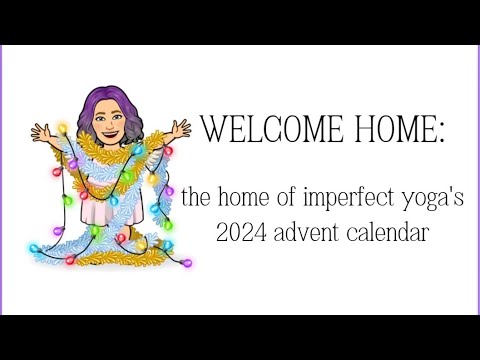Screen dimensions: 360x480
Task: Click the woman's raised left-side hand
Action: click(x=40, y=131)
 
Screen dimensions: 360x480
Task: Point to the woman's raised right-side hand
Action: click(x=180, y=128)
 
